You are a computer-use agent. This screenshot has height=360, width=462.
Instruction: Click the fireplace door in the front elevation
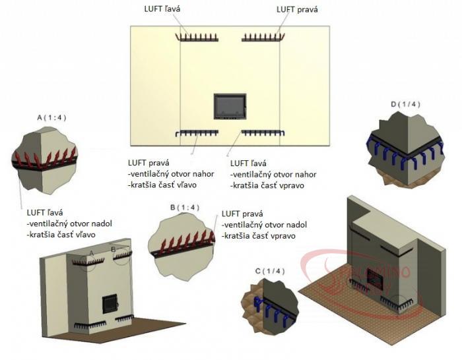tap(230, 106)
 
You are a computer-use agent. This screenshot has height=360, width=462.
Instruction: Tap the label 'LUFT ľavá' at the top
tap(162, 9)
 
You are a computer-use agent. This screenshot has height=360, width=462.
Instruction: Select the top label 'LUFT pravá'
tap(297, 9)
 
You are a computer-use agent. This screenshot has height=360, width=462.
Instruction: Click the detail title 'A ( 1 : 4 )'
tap(51, 118)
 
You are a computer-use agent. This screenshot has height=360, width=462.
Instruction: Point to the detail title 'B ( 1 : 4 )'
tap(185, 208)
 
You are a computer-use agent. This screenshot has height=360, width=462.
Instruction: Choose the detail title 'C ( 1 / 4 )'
tap(270, 271)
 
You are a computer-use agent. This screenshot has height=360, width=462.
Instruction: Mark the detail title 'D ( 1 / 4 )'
tap(405, 104)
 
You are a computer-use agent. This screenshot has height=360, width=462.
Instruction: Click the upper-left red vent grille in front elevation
tap(197, 38)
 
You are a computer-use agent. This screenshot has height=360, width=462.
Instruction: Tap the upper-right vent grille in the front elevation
tap(263, 38)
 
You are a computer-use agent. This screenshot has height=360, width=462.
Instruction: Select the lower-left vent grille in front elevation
tap(197, 133)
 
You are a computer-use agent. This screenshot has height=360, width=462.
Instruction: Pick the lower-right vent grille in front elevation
tap(263, 133)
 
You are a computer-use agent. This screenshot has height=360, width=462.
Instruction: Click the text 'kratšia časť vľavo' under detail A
tap(61, 235)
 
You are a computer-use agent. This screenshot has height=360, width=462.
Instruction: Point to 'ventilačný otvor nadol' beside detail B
tap(264, 225)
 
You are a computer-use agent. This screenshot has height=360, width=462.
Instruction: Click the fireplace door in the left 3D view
tap(110, 304)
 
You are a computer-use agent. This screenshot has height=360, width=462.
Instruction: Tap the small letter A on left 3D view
tap(91, 253)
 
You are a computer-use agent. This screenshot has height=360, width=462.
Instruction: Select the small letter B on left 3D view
tap(114, 250)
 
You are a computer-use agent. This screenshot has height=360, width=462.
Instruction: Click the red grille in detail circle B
tap(184, 244)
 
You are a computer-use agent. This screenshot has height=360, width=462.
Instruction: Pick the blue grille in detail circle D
tap(405, 150)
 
